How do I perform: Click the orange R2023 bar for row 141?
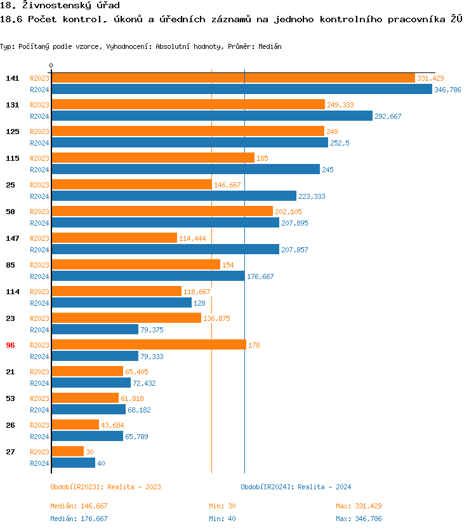[x=233, y=78]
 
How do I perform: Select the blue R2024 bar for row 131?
[x=211, y=116]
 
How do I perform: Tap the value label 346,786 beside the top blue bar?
[x=447, y=90]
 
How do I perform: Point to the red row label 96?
[x=11, y=345]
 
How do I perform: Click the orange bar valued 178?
[x=149, y=344]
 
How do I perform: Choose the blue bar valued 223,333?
[x=173, y=196]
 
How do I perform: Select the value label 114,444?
[x=193, y=238]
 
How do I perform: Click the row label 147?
[x=12, y=238]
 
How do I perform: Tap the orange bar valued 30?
[x=67, y=451]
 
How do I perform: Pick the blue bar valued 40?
[x=73, y=463]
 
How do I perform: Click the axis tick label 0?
[x=51, y=65]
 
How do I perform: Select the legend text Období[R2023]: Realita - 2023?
[x=105, y=487]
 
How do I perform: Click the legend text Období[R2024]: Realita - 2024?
[x=296, y=487]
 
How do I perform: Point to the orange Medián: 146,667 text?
[x=79, y=506]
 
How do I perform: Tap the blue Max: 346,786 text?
[x=359, y=519]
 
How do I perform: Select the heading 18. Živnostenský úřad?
[x=60, y=6]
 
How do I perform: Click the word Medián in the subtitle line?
[x=270, y=46]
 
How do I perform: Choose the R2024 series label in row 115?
[x=39, y=170]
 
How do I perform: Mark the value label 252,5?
[x=340, y=143]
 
